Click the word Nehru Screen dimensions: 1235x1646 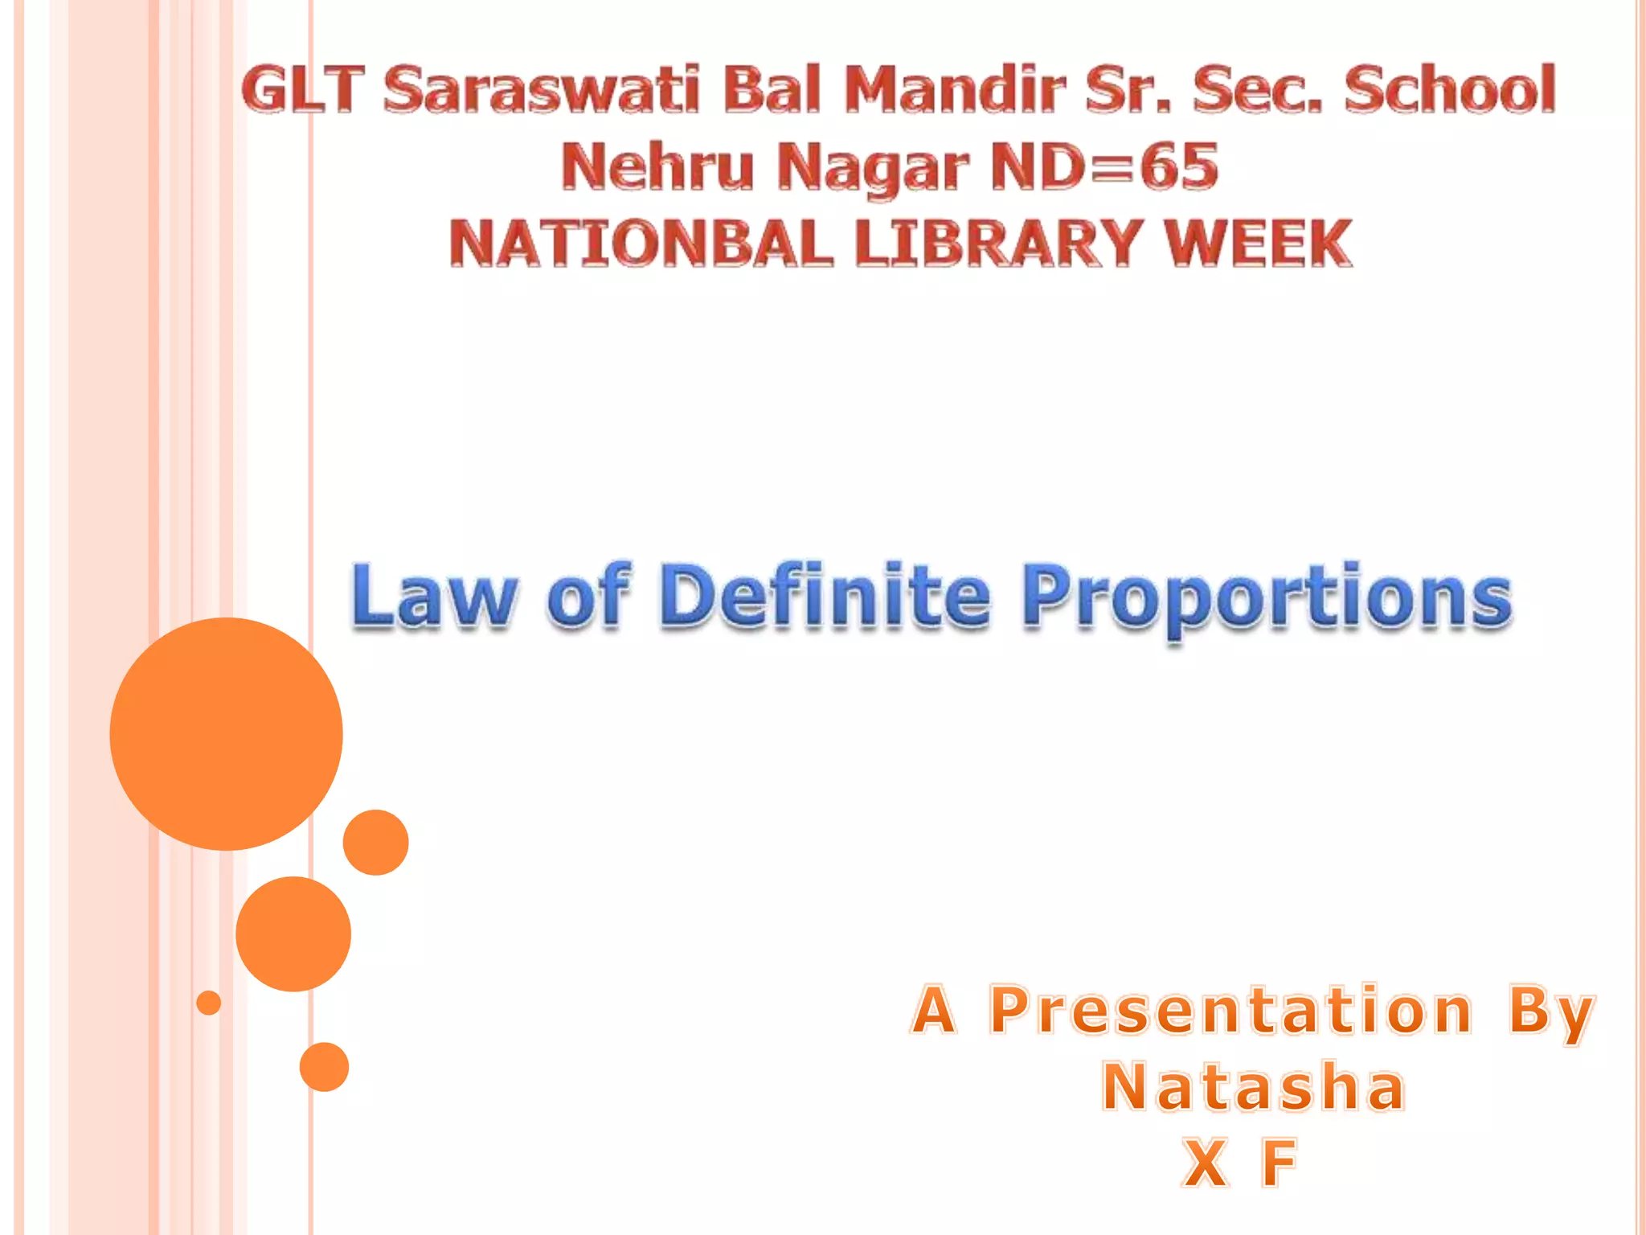coord(657,166)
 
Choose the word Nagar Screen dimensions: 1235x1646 coord(872,168)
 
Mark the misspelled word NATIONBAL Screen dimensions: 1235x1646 coord(641,244)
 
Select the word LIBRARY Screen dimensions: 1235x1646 coord(997,244)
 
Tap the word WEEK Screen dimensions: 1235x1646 coord(1259,244)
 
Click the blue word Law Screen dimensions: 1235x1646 coord(434,597)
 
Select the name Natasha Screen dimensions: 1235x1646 coord(1253,1087)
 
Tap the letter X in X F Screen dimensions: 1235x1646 coord(1205,1163)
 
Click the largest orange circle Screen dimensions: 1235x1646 coord(226,733)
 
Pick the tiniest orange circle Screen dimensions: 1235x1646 coord(208,1003)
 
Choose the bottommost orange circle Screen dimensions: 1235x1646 coord(324,1067)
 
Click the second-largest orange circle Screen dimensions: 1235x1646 coord(293,933)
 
